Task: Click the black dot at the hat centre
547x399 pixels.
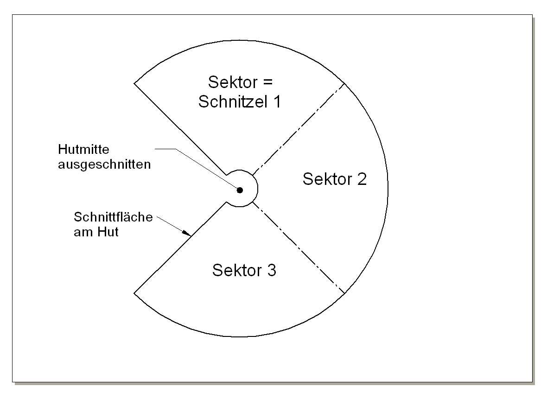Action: point(240,190)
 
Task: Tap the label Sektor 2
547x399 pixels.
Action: point(335,179)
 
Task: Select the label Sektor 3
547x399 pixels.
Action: point(244,270)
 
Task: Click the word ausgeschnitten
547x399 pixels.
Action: point(105,164)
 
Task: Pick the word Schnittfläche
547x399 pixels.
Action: point(113,217)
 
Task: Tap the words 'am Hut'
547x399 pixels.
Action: point(96,232)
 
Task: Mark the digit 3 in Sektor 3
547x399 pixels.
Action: point(272,270)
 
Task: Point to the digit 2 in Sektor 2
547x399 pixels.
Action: point(362,179)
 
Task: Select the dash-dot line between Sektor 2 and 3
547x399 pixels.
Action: point(299,249)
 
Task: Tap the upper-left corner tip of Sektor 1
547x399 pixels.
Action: point(134,83)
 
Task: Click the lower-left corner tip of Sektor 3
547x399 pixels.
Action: point(134,293)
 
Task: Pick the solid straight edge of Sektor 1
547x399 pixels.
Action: point(181,130)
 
